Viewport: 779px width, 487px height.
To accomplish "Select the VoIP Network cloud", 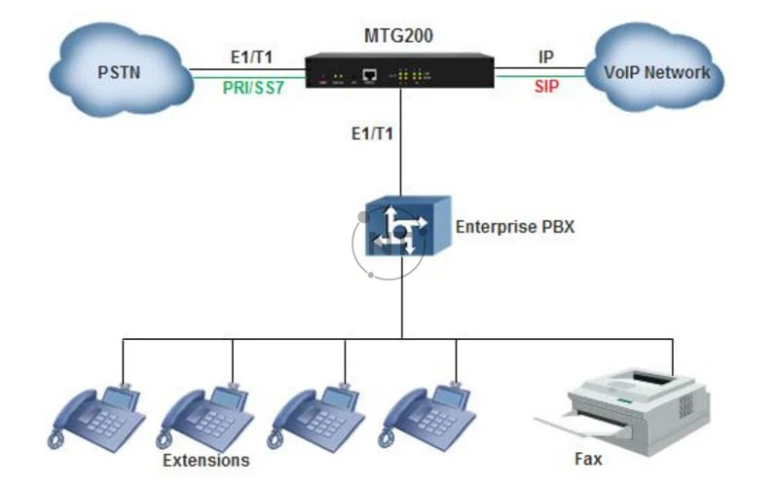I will coord(656,71).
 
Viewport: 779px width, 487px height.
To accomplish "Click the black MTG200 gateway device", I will coord(399,71).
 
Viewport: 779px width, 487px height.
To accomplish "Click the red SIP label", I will coord(546,88).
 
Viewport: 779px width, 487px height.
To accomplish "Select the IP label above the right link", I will coord(546,57).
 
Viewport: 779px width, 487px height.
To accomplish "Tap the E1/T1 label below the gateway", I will coord(372,133).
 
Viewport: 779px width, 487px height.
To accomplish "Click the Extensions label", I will coord(206,460).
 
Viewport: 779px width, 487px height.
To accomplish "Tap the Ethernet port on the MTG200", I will coord(370,74).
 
